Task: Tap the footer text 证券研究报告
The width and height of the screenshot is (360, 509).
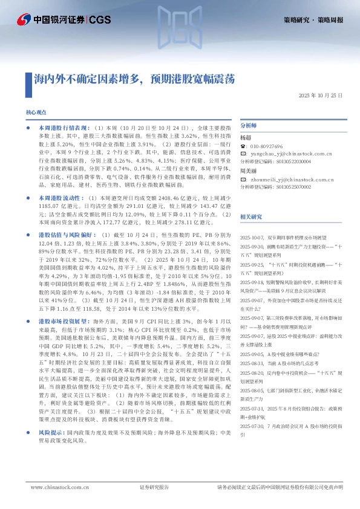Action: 154,487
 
